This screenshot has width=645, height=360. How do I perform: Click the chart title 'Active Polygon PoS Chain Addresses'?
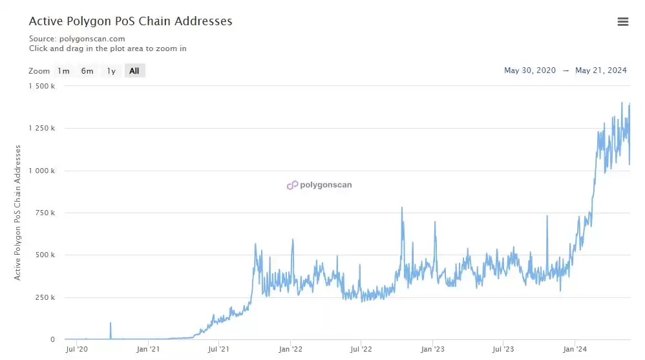pos(131,21)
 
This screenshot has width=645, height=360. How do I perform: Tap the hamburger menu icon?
pos(623,22)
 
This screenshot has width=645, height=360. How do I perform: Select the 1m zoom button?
pos(63,71)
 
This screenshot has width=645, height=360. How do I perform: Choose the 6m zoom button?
pos(87,71)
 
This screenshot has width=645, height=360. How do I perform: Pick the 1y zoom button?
pos(111,71)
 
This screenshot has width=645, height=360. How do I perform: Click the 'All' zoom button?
pos(134,71)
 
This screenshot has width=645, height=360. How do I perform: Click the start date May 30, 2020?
pos(530,71)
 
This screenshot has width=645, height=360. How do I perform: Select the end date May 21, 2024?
pos(601,71)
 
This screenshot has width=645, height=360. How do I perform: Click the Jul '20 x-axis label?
pos(78,350)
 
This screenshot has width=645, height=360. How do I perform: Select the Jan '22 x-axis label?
pos(291,350)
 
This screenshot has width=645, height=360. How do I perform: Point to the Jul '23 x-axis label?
pos(503,350)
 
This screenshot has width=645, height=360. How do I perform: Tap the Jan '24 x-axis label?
pos(575,350)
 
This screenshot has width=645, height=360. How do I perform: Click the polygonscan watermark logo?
pos(320,185)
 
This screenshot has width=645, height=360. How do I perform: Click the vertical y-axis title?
pos(18,212)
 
